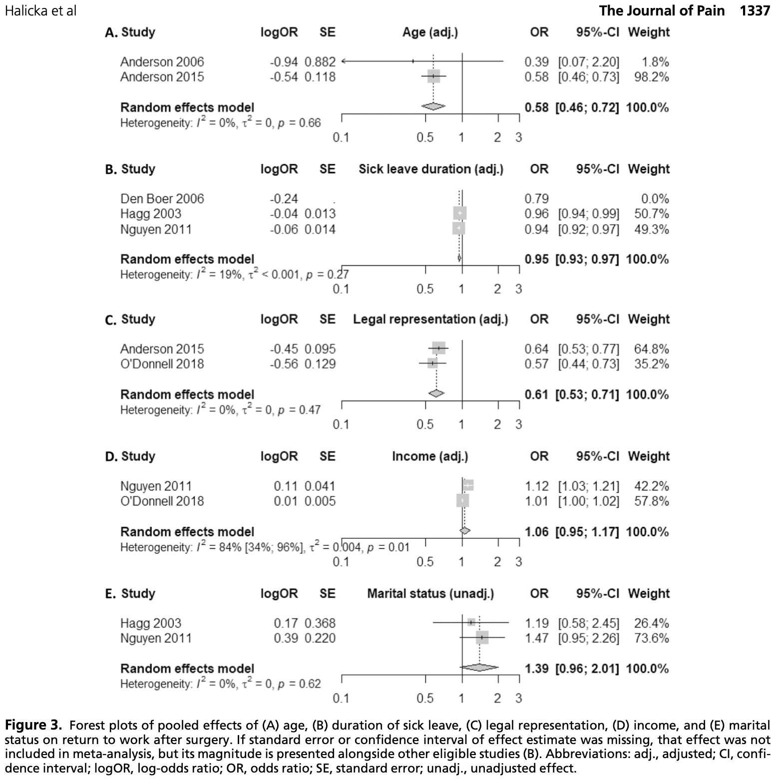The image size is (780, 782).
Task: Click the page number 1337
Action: [x=755, y=10]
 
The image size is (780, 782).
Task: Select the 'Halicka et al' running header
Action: [x=40, y=10]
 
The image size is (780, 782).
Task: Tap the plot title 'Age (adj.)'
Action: [x=430, y=32]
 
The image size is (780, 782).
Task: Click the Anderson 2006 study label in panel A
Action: [x=162, y=62]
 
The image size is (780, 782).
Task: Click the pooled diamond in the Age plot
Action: [x=433, y=106]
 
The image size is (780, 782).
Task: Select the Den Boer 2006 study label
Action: [x=162, y=199]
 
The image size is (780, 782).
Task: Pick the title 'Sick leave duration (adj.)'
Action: [x=431, y=169]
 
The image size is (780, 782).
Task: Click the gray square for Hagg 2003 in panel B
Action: [x=459, y=213]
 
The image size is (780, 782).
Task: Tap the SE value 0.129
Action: [x=320, y=364]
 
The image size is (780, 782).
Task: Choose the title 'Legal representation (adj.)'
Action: [x=430, y=320]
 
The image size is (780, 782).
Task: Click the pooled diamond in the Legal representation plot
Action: [x=436, y=393]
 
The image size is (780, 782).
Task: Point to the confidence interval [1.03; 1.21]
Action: [x=588, y=486]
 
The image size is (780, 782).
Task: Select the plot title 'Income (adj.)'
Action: [x=430, y=456]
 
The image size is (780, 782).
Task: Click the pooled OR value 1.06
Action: [x=536, y=532]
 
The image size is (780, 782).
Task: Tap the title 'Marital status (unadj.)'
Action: [x=430, y=594]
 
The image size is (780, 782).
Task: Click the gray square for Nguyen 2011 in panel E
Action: [x=482, y=638]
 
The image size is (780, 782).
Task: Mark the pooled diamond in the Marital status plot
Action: [x=479, y=668]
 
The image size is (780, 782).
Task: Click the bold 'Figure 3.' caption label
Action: [x=34, y=725]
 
